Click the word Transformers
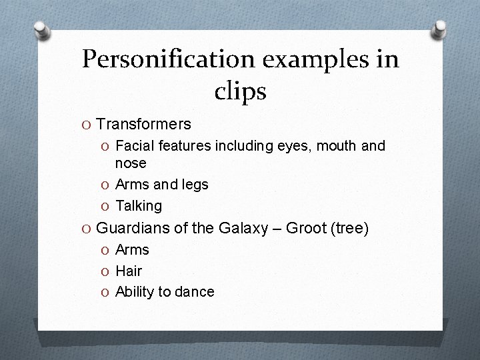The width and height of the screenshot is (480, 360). tap(143, 124)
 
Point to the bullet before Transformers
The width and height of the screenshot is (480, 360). tap(87, 125)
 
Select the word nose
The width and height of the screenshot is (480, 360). tap(131, 163)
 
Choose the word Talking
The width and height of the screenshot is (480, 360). tap(138, 205)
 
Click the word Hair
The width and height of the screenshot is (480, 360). tap(129, 271)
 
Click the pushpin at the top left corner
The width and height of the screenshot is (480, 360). tap(43, 30)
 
